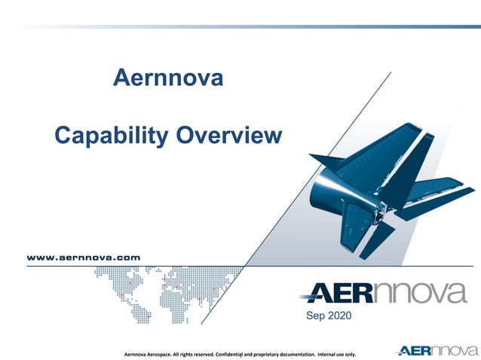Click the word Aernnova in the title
click(167, 78)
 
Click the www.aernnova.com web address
click(84, 257)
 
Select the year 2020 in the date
click(339, 316)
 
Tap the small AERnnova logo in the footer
click(437, 350)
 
